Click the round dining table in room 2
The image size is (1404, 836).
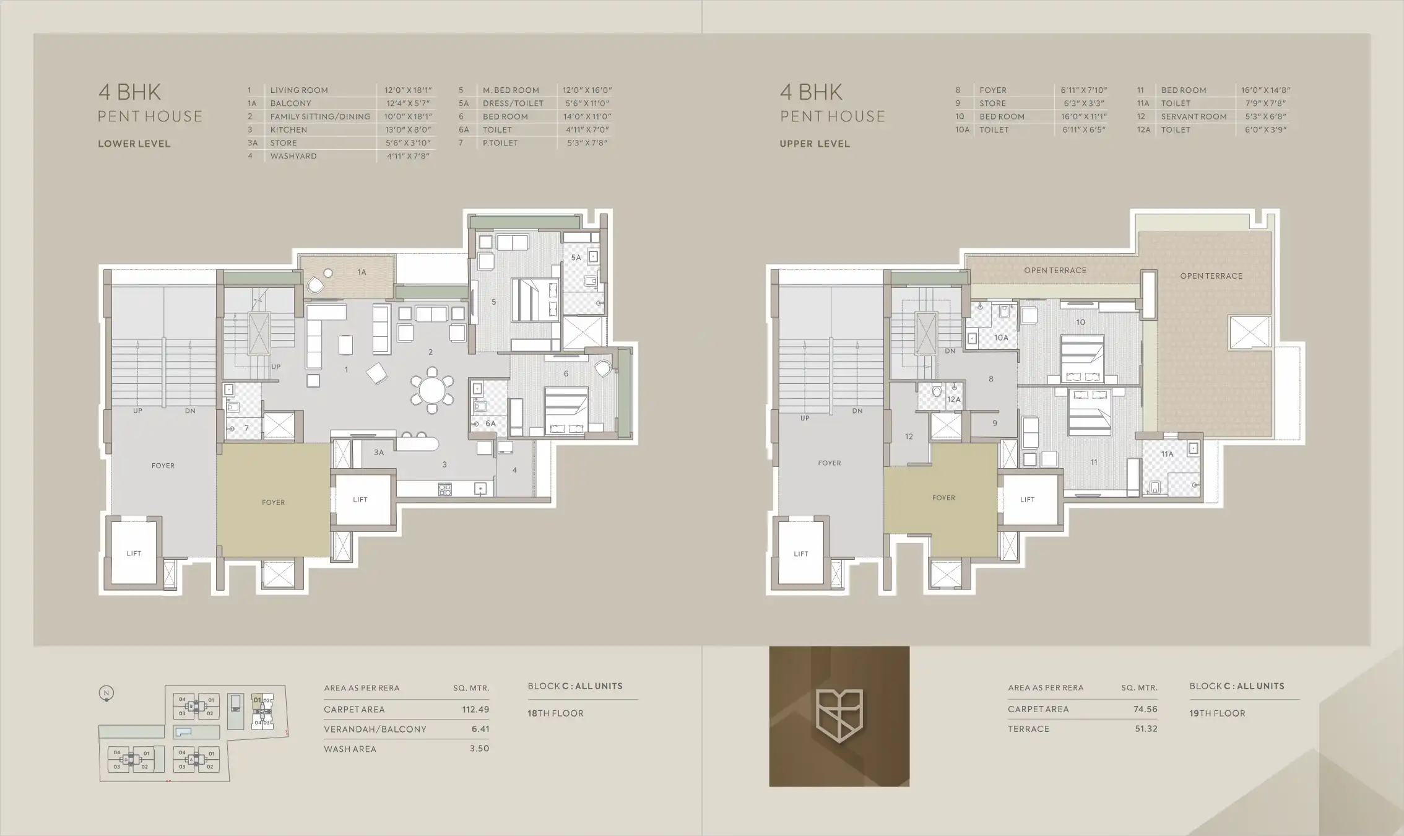click(432, 390)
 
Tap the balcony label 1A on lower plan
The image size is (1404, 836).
click(362, 272)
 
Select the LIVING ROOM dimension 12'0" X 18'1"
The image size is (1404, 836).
click(407, 90)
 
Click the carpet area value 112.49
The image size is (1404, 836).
click(475, 710)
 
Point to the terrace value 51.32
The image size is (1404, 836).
click(1146, 729)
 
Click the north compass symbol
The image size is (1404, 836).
click(106, 694)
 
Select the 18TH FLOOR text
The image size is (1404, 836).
click(555, 713)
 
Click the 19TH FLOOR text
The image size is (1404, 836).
click(1217, 713)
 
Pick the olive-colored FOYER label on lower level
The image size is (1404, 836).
click(273, 502)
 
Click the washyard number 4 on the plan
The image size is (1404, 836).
click(514, 470)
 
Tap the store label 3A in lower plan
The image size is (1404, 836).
click(378, 453)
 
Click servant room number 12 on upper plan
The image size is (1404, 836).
click(908, 437)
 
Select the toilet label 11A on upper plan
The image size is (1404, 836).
click(1167, 454)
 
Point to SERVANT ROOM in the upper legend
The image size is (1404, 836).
click(1194, 116)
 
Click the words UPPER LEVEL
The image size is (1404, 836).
click(815, 144)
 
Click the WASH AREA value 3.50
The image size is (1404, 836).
click(479, 749)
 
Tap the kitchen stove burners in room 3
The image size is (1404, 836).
click(445, 489)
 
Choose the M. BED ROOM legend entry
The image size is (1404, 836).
click(511, 90)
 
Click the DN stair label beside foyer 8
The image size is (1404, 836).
click(950, 351)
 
